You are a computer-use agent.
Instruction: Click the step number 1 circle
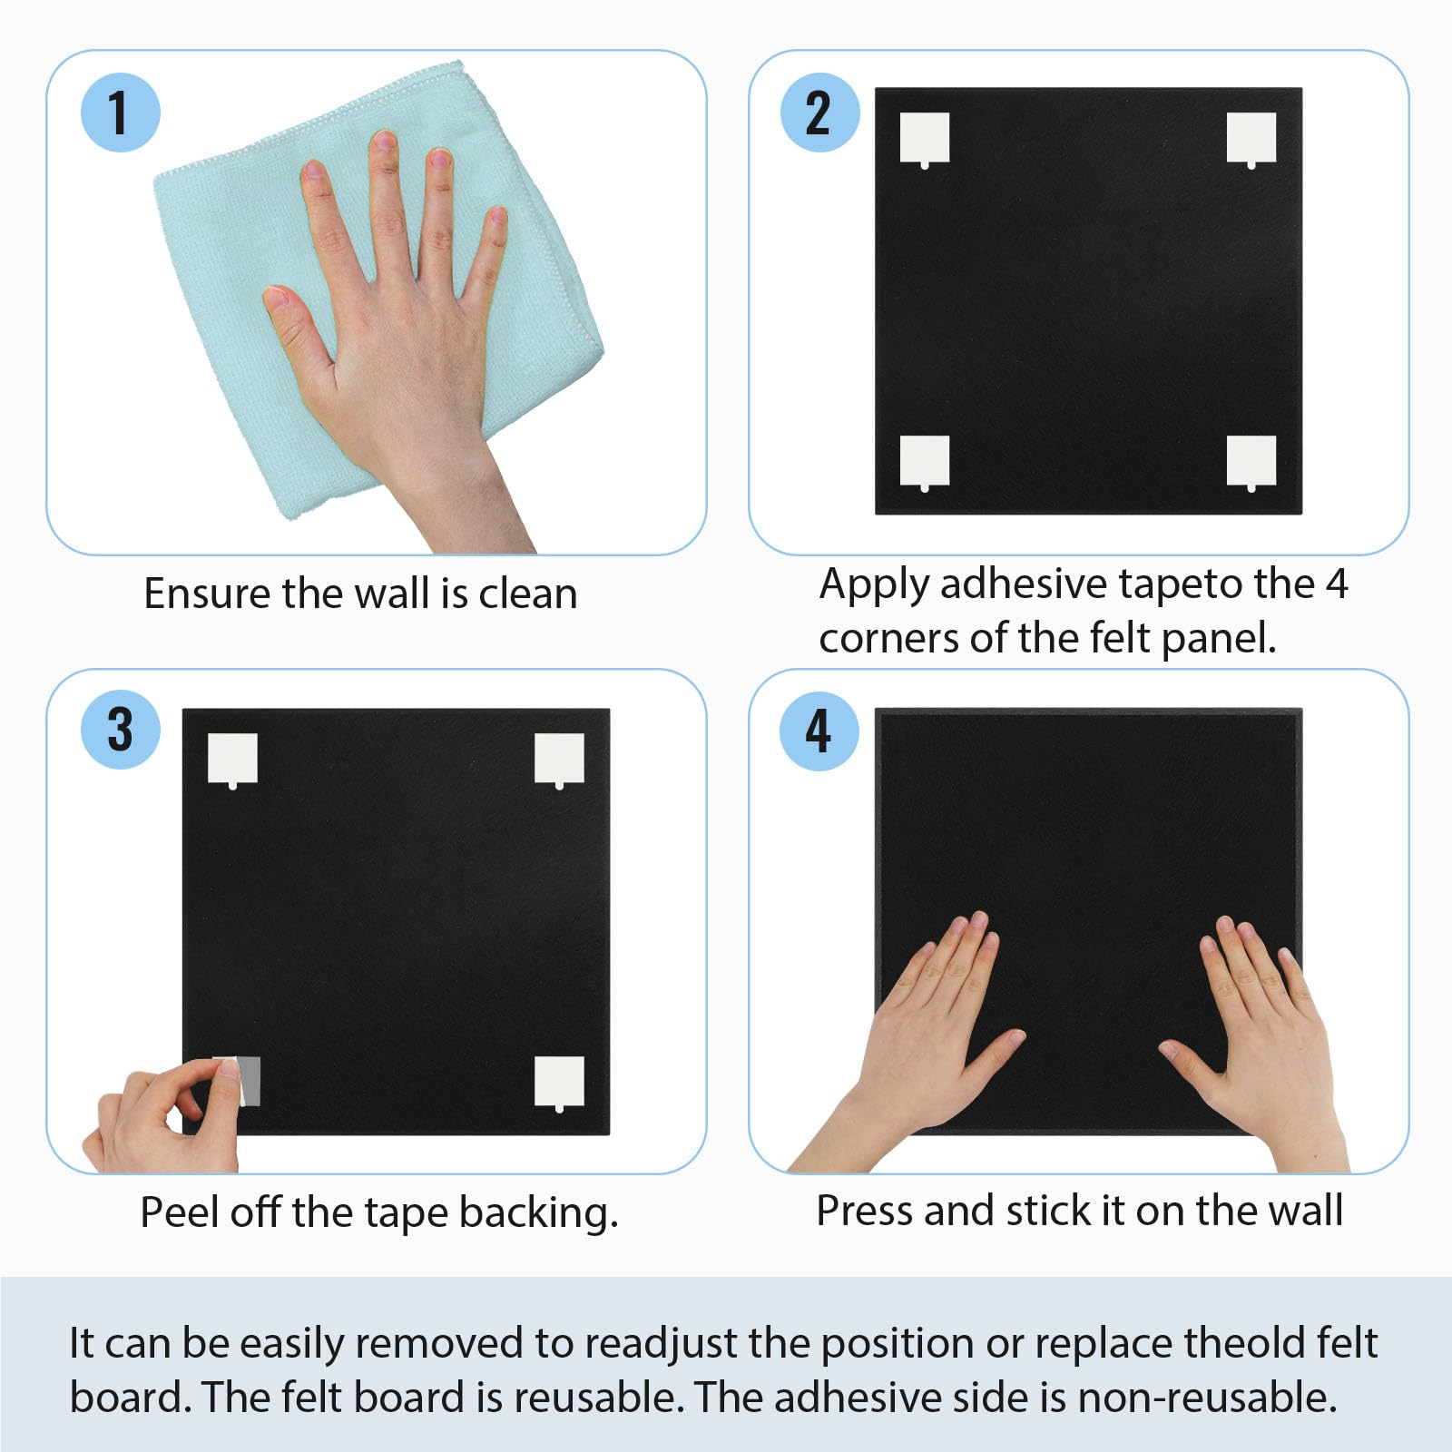click(x=121, y=113)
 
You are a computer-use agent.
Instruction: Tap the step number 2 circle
click(x=820, y=113)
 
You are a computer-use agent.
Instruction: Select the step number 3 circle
click(x=121, y=730)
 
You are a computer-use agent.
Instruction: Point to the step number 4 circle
click(x=820, y=731)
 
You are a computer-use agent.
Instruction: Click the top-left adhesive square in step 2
click(x=925, y=139)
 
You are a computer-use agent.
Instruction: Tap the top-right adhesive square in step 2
click(x=1251, y=139)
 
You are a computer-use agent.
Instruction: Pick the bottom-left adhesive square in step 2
click(x=925, y=462)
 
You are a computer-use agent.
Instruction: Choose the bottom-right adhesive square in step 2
click(x=1251, y=462)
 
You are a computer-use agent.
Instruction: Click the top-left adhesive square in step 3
click(x=232, y=760)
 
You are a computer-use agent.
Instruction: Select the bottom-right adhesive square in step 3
click(x=559, y=1083)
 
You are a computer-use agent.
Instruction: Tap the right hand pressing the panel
click(x=1261, y=1044)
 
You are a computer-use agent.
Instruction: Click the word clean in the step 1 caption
click(x=528, y=594)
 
